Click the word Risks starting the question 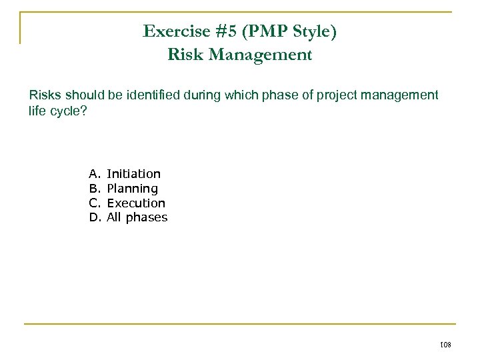[45, 95]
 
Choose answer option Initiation [133, 174]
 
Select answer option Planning [132, 189]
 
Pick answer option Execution [136, 203]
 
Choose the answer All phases [137, 217]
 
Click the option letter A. [93, 174]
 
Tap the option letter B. [93, 189]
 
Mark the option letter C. [93, 203]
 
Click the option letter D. [93, 217]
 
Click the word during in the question [204, 95]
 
